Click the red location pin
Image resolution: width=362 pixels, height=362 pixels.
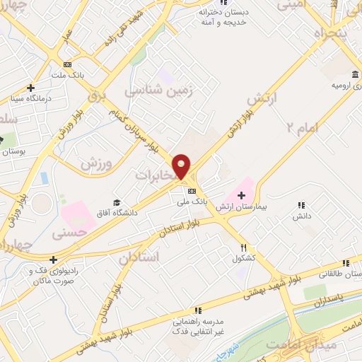182,165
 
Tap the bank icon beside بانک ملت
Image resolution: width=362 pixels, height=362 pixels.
67,64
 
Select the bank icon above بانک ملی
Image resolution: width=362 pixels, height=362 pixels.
192,191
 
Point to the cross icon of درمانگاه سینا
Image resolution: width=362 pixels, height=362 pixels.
30,88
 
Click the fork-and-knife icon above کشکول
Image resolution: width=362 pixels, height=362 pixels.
243,248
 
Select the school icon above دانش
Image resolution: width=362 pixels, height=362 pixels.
303,205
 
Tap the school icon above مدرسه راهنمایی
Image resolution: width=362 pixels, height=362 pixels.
198,310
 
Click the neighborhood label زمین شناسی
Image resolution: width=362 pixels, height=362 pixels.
159,91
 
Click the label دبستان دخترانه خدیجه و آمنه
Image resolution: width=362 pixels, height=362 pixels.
226,17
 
